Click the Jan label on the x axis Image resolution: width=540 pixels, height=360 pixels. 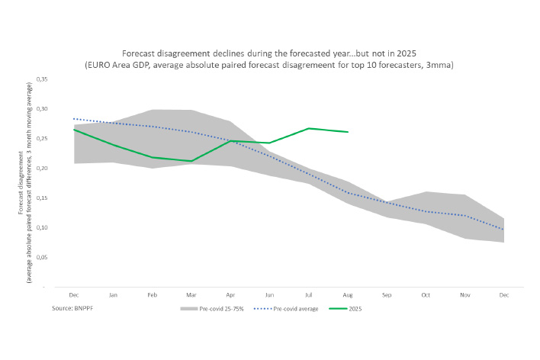(x=113, y=294)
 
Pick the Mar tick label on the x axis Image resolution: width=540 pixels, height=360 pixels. (x=191, y=294)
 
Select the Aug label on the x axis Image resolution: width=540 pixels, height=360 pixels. (x=348, y=294)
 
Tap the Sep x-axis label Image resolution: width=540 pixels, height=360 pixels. (x=387, y=294)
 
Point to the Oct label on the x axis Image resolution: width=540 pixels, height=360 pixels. (x=426, y=294)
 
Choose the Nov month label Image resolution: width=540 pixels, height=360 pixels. (x=464, y=294)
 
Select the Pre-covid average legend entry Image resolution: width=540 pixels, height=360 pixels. (x=291, y=308)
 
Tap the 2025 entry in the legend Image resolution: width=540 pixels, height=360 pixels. (x=353, y=308)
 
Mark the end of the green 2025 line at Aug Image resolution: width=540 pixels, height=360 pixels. (x=348, y=132)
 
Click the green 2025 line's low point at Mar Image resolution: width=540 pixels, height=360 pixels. (x=191, y=161)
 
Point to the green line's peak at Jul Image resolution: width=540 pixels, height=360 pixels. (x=308, y=128)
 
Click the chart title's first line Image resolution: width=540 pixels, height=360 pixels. (x=269, y=53)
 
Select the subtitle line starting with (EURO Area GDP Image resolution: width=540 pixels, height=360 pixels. (x=269, y=66)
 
